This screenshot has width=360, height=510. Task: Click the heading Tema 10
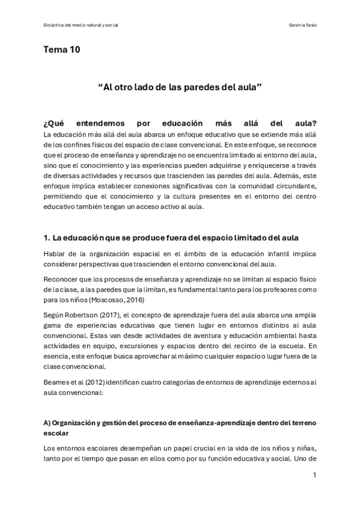pos(61,50)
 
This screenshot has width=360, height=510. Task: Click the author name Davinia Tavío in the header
pos(302,25)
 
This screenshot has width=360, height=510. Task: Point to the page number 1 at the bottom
pos(314,475)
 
